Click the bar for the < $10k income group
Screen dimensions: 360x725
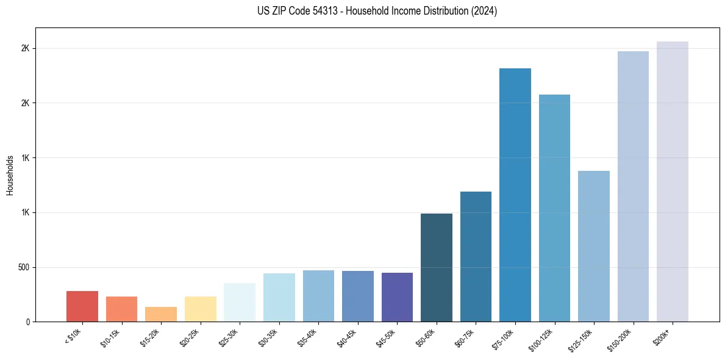(x=82, y=306)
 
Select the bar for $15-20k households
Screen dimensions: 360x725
(x=161, y=314)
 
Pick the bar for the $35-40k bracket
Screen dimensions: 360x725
(x=318, y=296)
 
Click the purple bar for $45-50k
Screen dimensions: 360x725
(x=397, y=297)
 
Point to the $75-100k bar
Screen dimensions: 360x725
(x=515, y=195)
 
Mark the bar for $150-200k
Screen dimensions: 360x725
(x=633, y=186)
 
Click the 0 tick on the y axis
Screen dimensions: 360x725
(x=28, y=322)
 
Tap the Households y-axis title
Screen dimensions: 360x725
(x=10, y=175)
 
